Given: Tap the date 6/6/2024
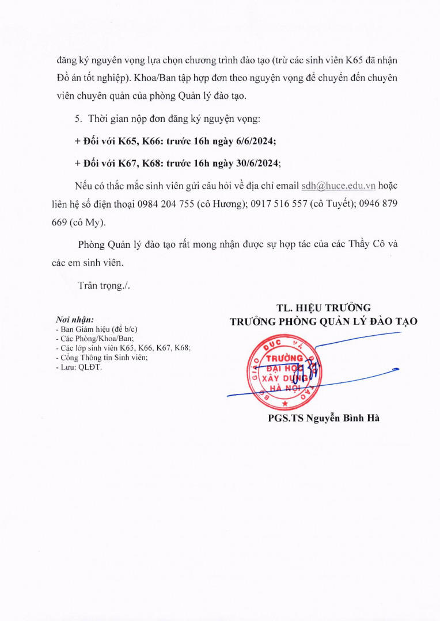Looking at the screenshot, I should click(x=252, y=141).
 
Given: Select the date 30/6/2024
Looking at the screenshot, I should click(x=254, y=163).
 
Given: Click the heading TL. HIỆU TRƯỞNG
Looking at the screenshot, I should click(x=324, y=308).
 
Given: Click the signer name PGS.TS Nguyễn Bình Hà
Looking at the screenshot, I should click(x=324, y=418).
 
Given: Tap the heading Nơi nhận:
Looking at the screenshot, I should click(x=74, y=319).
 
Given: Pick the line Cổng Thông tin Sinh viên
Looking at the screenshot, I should click(x=101, y=357).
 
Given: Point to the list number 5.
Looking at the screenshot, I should click(x=78, y=119).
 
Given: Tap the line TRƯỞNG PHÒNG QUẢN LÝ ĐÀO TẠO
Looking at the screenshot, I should click(x=324, y=321).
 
